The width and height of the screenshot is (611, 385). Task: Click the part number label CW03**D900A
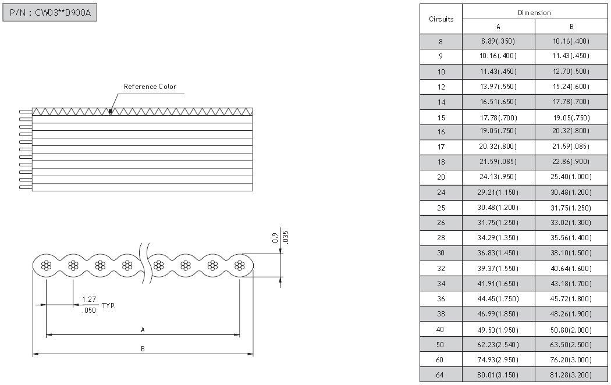coord(63,13)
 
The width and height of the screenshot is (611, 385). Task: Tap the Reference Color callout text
coord(150,87)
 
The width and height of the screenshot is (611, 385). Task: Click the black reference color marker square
coord(111,112)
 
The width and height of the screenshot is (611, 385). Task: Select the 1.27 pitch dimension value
coord(89,300)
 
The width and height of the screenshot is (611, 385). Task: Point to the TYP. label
coord(109,305)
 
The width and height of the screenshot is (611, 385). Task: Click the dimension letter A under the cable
coord(143,330)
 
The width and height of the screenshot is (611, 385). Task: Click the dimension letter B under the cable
coord(143,349)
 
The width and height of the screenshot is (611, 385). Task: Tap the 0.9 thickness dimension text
coord(275,238)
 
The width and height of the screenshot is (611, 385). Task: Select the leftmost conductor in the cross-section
coord(47,266)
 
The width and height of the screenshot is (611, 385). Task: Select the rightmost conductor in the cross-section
coord(240,266)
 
